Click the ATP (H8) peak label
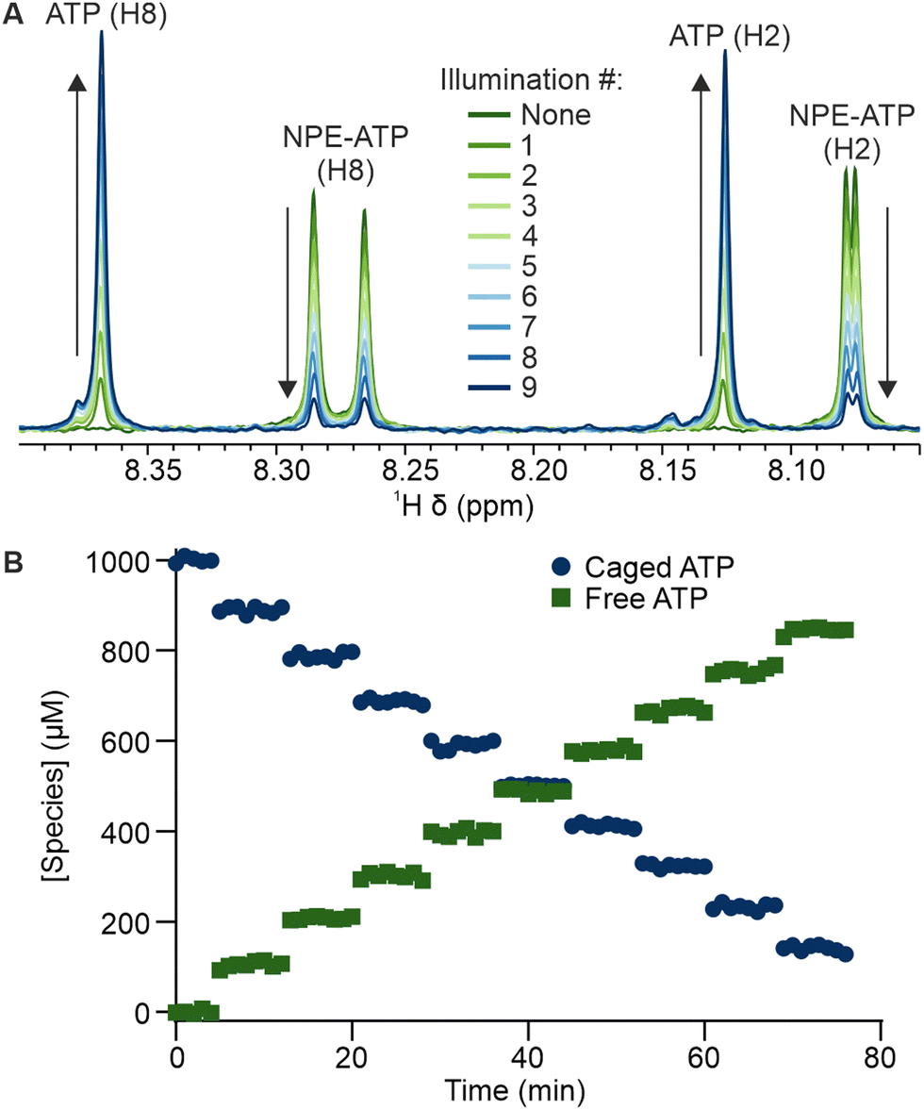[x=105, y=17]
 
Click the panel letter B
[x=12, y=563]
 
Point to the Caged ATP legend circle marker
[x=562, y=568]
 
